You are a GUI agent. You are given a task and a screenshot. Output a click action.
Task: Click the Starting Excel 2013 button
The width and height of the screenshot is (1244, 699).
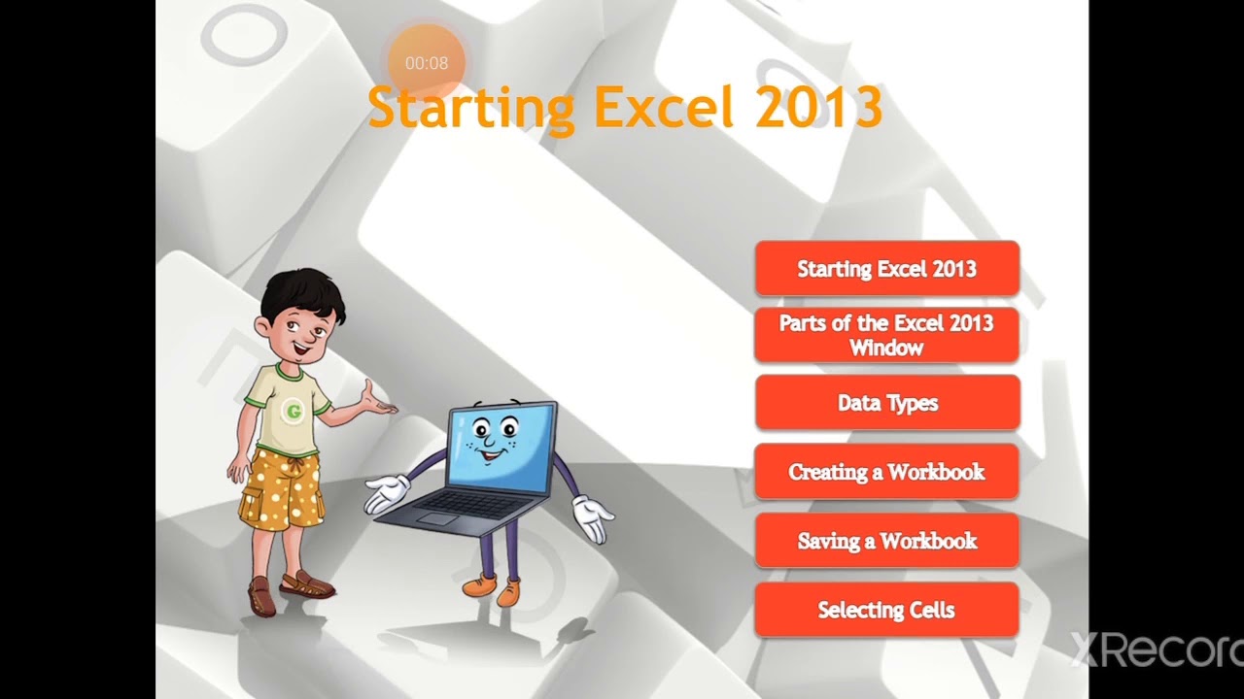tap(886, 269)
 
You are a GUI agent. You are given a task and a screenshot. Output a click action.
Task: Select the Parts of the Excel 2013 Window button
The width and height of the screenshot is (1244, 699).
tap(886, 335)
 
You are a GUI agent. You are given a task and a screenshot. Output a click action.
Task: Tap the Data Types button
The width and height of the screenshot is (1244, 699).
tap(886, 403)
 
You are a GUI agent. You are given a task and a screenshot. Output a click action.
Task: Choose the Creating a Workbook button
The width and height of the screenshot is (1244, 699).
tap(886, 472)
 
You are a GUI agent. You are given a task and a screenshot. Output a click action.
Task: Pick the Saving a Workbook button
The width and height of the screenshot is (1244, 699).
tap(886, 541)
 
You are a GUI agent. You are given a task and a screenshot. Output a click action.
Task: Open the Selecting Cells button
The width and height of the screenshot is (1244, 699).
tap(886, 610)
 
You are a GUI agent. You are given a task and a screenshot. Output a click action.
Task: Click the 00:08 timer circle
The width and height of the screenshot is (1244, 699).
tap(427, 63)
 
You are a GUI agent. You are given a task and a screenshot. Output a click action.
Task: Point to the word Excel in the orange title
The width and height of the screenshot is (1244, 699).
tap(663, 108)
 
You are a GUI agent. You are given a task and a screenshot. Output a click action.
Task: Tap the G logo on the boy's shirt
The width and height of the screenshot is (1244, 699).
tap(292, 412)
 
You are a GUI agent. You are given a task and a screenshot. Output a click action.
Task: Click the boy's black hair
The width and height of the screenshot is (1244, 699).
tap(303, 291)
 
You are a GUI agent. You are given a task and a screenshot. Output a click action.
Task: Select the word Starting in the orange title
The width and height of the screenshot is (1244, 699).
tap(471, 108)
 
